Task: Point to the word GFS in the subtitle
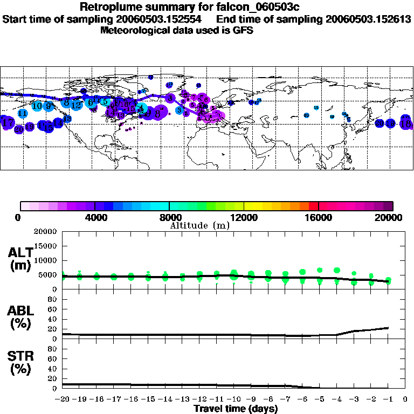point(243,30)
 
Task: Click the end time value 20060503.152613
point(368,19)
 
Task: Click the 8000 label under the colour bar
point(169,218)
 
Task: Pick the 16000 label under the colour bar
point(319,218)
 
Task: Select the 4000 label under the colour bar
point(95,218)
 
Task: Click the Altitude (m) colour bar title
point(199,225)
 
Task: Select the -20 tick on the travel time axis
point(62,399)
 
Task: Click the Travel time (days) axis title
point(236,409)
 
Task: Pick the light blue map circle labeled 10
point(37,106)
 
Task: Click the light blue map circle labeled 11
point(23,114)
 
